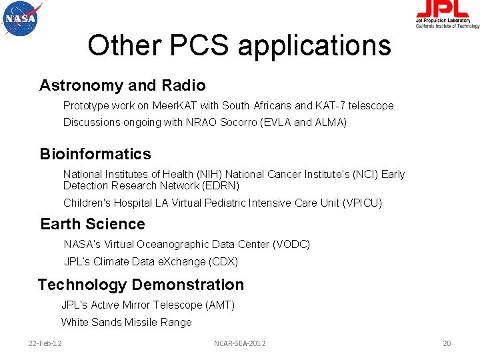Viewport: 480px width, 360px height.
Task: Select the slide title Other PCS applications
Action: point(239,45)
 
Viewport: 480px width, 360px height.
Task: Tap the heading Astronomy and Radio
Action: point(122,85)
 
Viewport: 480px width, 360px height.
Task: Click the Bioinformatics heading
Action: point(95,154)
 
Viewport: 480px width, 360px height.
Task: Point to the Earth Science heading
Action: point(93,224)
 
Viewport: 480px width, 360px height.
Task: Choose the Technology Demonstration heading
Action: point(141,285)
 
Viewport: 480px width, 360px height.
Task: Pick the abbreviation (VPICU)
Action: point(362,203)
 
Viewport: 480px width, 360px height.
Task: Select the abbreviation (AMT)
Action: point(220,305)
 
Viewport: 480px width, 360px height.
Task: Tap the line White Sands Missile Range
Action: point(127,323)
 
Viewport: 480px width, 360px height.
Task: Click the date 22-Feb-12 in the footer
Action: point(45,343)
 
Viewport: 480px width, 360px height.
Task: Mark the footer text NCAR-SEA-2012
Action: point(239,343)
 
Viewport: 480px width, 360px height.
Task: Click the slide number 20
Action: point(447,343)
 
